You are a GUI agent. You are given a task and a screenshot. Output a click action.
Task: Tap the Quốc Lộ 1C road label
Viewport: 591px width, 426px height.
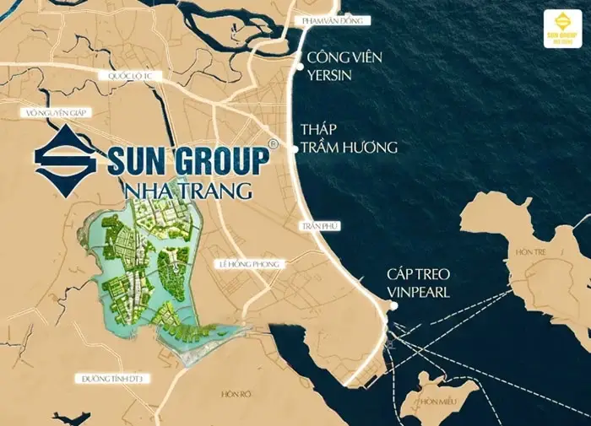127,76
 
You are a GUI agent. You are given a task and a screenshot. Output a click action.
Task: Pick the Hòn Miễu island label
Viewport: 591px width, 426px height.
437,401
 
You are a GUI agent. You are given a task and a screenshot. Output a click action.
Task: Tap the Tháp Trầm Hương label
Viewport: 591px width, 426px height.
348,138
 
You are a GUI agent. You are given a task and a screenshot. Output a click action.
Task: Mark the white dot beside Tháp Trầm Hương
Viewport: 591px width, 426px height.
295,148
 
